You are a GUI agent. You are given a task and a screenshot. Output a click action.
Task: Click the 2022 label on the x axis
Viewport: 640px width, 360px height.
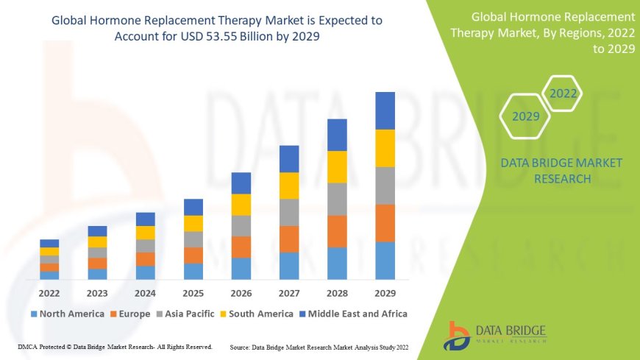pyautogui.click(x=49, y=292)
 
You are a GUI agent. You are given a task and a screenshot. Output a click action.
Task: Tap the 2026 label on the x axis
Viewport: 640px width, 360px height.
pyautogui.click(x=241, y=292)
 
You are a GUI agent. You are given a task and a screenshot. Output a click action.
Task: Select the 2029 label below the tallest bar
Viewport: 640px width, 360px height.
pyautogui.click(x=385, y=292)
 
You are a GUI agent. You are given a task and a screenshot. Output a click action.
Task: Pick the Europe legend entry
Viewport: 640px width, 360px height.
pyautogui.click(x=132, y=314)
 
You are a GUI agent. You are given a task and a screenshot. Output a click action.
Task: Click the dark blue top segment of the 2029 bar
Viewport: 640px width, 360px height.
pyautogui.click(x=385, y=110)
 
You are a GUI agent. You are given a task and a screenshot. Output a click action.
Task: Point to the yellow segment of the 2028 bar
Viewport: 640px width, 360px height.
pyautogui.click(x=337, y=166)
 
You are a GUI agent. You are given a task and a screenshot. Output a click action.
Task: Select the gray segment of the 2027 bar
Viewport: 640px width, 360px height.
pyautogui.click(x=289, y=212)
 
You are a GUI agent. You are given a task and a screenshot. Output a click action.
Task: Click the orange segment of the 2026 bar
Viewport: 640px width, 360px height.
pyautogui.click(x=241, y=247)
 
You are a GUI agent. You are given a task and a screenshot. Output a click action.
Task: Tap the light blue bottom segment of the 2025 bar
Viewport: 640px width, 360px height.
pyautogui.click(x=193, y=271)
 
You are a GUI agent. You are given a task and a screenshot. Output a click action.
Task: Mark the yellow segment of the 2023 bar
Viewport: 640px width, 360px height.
pyautogui.click(x=97, y=241)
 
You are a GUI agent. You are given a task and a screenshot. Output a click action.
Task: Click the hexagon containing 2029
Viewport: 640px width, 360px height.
pyautogui.click(x=526, y=116)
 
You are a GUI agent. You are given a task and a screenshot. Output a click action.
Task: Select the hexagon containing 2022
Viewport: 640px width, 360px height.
pyautogui.click(x=563, y=93)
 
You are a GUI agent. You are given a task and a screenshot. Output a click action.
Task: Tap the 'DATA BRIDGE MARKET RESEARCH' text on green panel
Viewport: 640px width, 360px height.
pyautogui.click(x=561, y=171)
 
